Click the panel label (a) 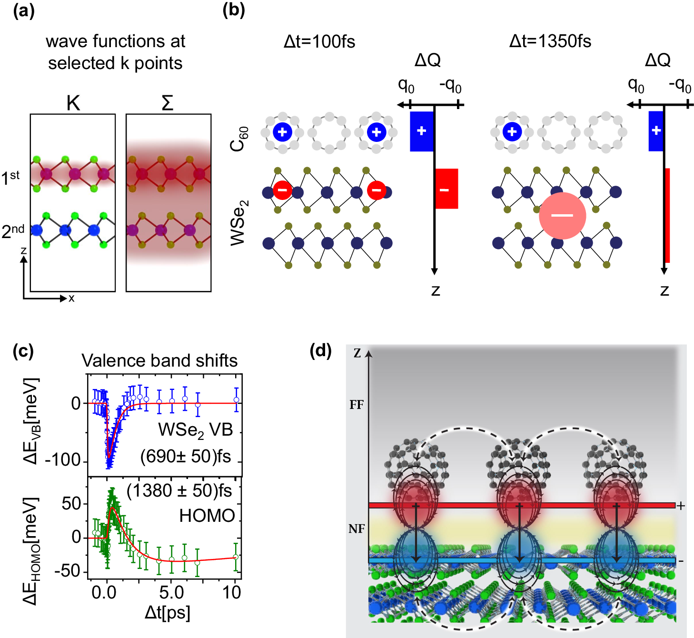pos(24,11)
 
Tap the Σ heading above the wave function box pos(168,102)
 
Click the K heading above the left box pos(73,103)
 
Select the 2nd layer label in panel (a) pos(13,231)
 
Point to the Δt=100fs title pos(319,42)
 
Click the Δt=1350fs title pos(550,41)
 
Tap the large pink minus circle pos(562,216)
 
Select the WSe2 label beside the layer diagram pos(239,222)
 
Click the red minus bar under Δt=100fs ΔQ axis pos(446,189)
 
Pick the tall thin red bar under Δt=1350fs pos(667,215)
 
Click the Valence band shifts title pos(159,360)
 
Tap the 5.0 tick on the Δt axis pos(171,592)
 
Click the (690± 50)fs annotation pos(186,456)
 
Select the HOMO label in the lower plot pos(207,516)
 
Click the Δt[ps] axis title pos(168,613)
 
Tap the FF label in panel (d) pos(357,405)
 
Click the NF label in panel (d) pos(357,528)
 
